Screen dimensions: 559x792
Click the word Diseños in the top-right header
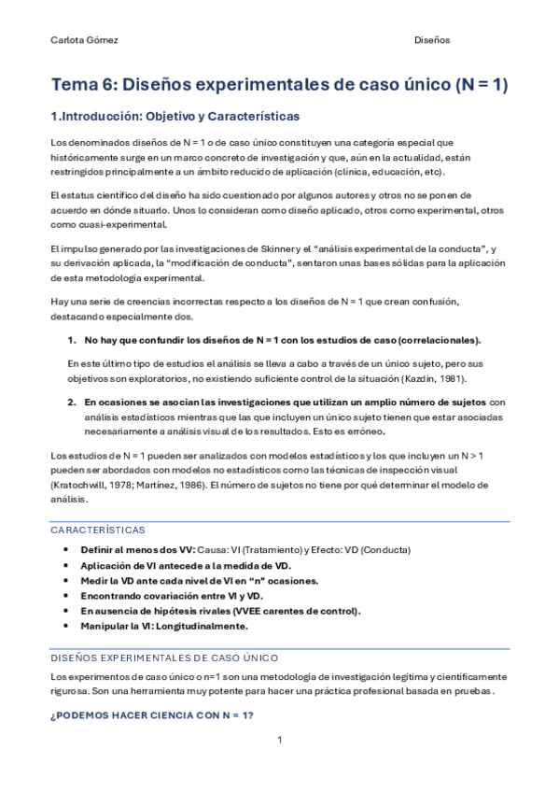(432, 40)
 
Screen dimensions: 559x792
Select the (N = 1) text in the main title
(482, 84)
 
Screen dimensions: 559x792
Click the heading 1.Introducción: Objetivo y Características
(175, 117)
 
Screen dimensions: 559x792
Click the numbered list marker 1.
(72, 340)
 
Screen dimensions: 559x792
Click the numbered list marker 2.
(72, 402)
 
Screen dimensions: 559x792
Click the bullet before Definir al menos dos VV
(65, 549)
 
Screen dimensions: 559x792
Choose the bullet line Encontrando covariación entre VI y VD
(172, 595)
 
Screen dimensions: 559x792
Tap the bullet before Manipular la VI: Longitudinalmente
(65, 626)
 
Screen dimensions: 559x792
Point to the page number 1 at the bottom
(279, 741)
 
